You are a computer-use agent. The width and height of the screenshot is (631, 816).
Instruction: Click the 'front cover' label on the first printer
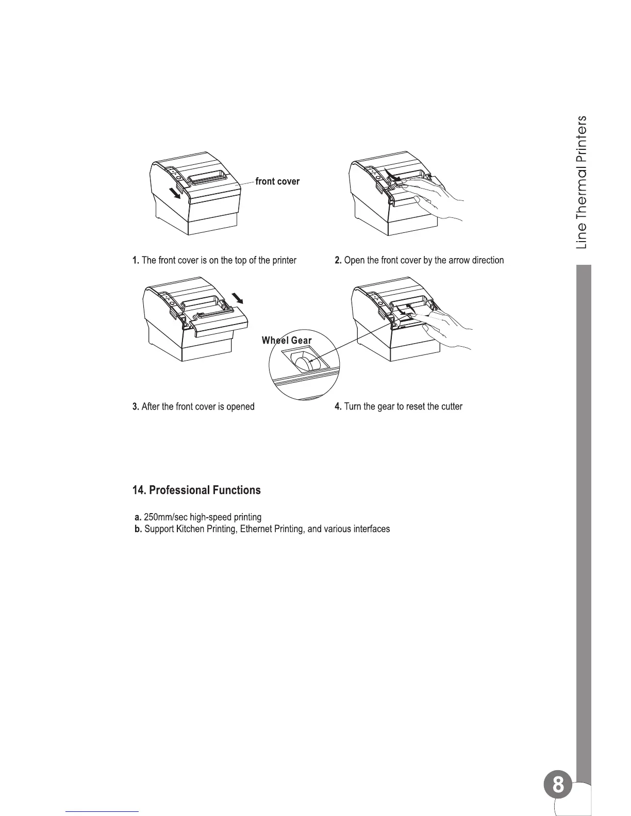(x=277, y=181)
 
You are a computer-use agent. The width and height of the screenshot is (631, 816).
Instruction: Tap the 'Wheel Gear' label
(x=287, y=341)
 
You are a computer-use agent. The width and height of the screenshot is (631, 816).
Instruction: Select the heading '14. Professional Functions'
(x=196, y=490)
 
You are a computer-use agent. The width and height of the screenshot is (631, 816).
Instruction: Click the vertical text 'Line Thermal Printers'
(x=582, y=182)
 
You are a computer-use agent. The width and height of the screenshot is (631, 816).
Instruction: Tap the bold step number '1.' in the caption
(x=136, y=261)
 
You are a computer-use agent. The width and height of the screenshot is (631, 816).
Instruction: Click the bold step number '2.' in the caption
(x=338, y=261)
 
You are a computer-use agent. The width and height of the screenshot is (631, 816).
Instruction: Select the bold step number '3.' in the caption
(x=136, y=407)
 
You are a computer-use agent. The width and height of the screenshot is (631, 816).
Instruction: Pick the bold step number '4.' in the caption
(x=338, y=407)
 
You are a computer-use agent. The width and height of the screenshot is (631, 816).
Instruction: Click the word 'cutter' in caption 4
(x=451, y=407)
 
